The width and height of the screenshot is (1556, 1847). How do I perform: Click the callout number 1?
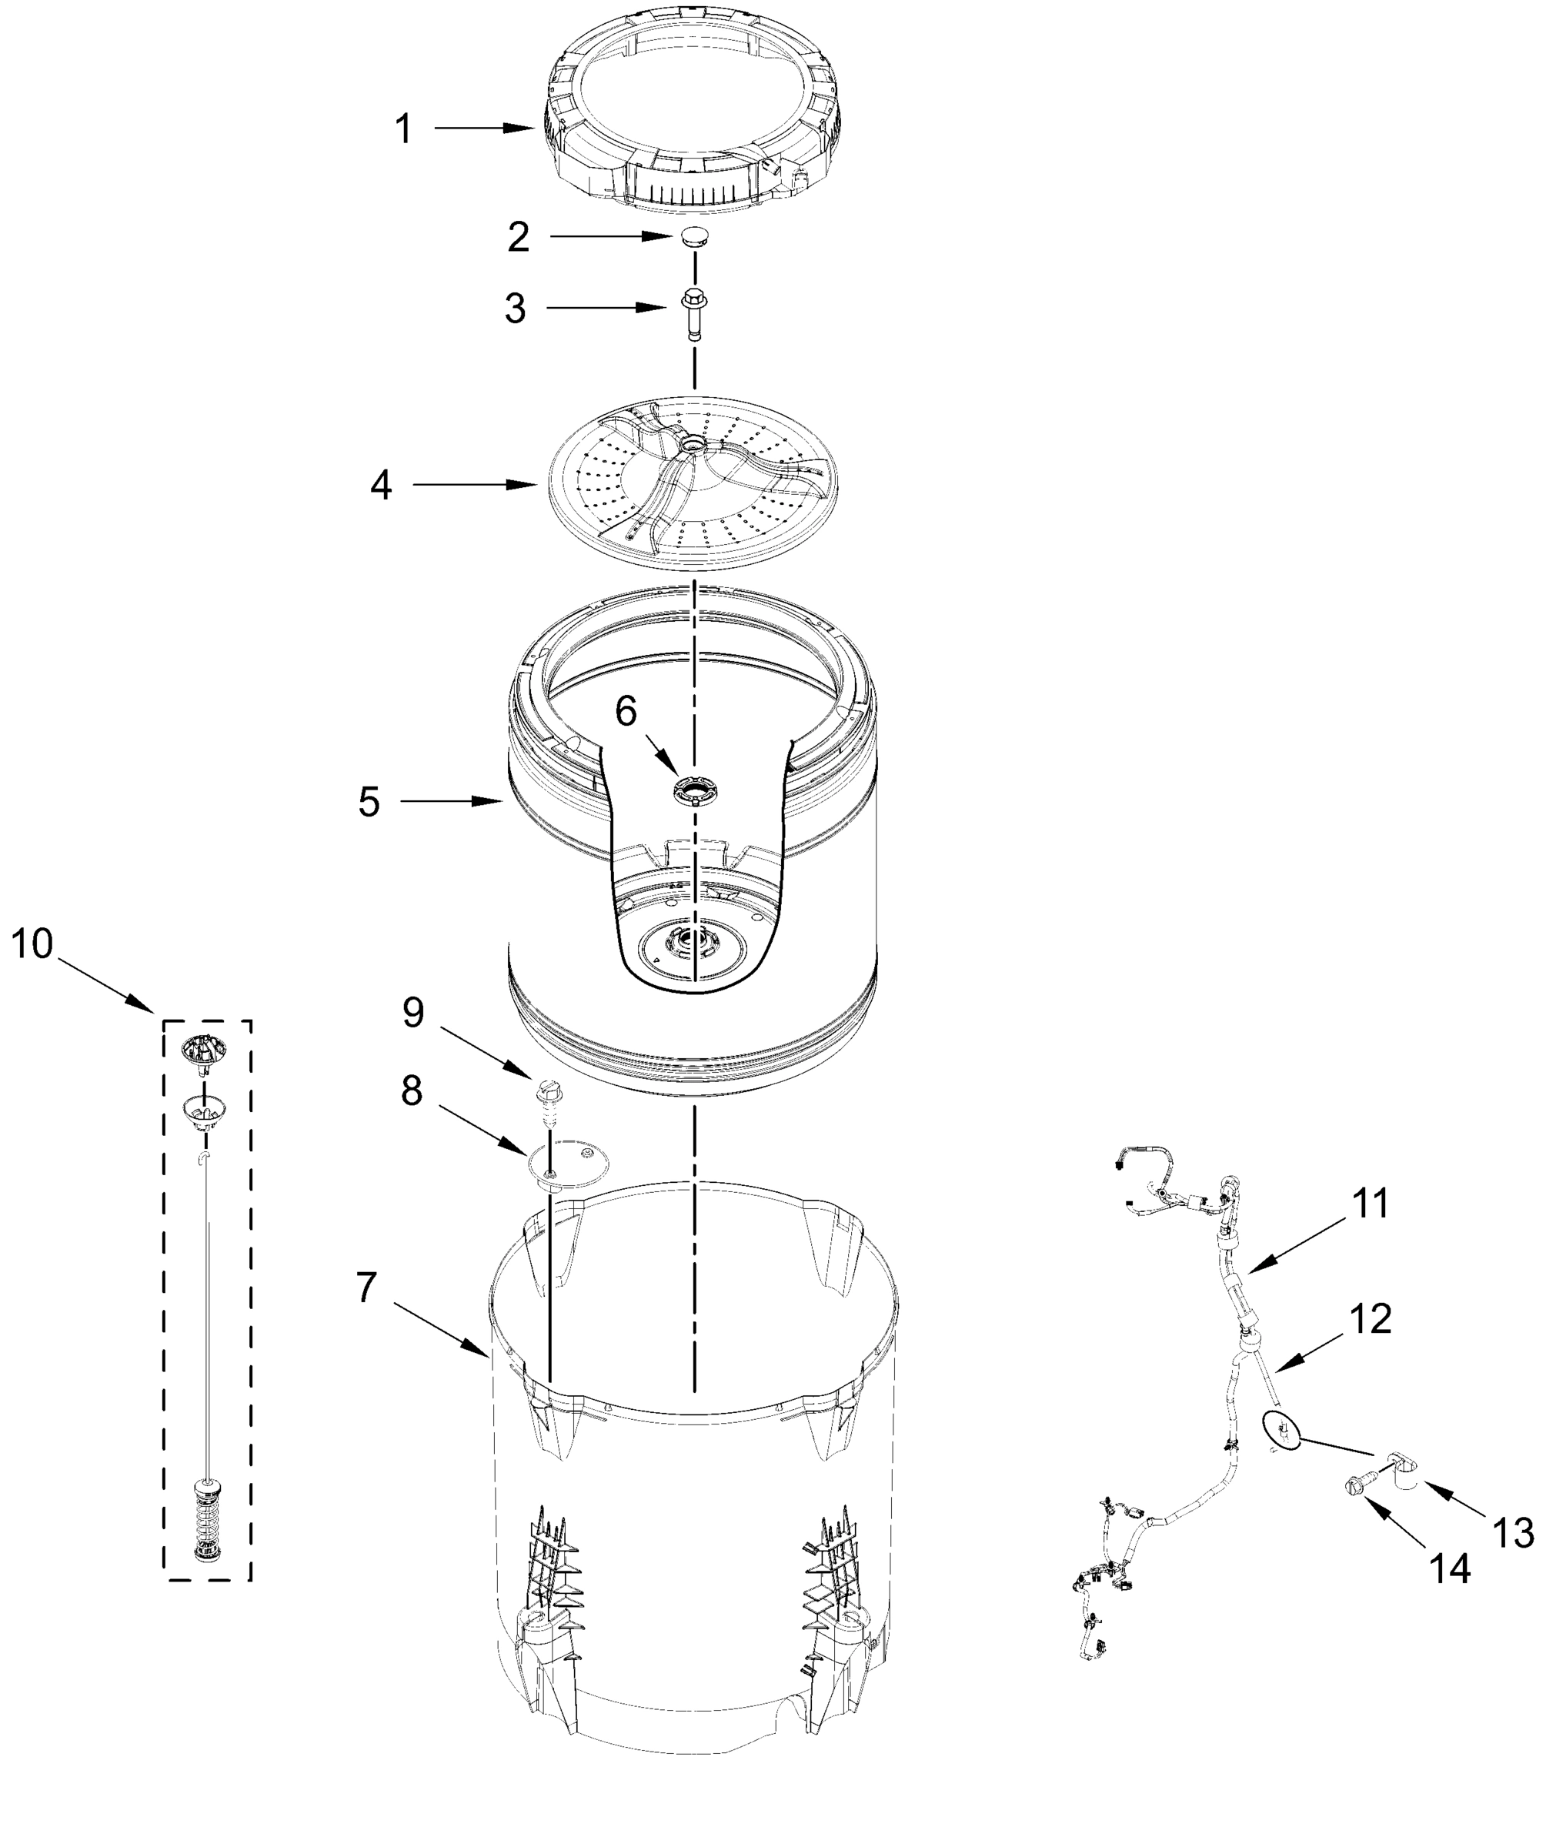(x=403, y=129)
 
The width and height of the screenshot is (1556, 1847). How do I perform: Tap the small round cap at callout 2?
(x=694, y=236)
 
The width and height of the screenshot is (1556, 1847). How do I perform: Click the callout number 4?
(x=381, y=484)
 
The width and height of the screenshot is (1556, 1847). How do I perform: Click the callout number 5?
(x=369, y=802)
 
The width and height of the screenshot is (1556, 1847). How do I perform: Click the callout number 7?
(x=367, y=1288)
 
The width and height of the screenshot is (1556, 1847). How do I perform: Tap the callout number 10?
(x=32, y=944)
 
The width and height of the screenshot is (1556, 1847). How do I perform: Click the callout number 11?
(x=1370, y=1203)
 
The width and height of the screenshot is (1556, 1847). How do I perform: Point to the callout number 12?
(x=1371, y=1318)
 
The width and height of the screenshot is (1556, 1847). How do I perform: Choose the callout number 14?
(x=1450, y=1568)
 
